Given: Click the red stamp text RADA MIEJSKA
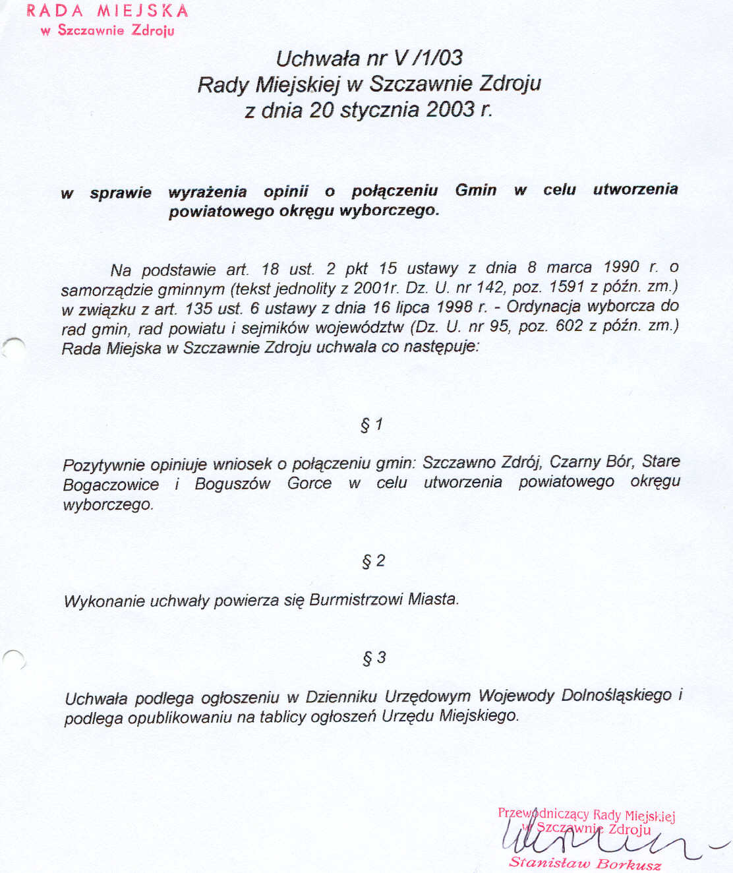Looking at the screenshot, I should pyautogui.click(x=107, y=11).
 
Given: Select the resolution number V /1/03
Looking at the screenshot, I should pyautogui.click(x=428, y=58).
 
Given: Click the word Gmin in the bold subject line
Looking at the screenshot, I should pyautogui.click(x=475, y=190).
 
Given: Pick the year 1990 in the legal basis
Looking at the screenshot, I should pyautogui.click(x=621, y=267).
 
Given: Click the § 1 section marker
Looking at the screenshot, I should pyautogui.click(x=372, y=425).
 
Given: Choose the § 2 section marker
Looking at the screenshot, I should pyautogui.click(x=373, y=561).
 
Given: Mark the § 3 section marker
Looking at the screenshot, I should pyautogui.click(x=374, y=658).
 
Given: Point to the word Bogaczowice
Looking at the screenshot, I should pyautogui.click(x=111, y=485).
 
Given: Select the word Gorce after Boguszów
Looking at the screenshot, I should pyautogui.click(x=309, y=483).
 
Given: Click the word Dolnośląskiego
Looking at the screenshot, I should pyautogui.click(x=616, y=696).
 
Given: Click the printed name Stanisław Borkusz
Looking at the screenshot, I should pyautogui.click(x=585, y=863).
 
